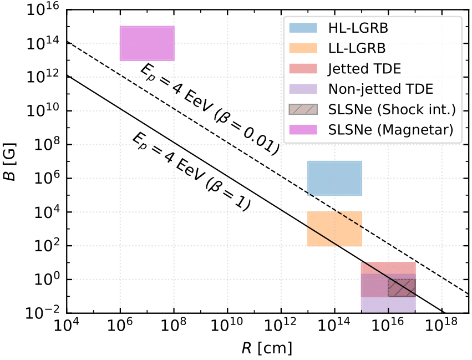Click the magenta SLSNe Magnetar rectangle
pyautogui.click(x=147, y=43)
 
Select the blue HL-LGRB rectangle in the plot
pyautogui.click(x=334, y=178)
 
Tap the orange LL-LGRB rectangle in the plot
pyautogui.click(x=334, y=229)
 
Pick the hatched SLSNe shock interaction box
pyautogui.click(x=402, y=288)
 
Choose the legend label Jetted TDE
pyautogui.click(x=364, y=68)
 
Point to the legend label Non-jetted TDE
pyautogui.click(x=380, y=89)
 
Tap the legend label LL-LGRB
pyautogui.click(x=357, y=48)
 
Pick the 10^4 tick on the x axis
pyautogui.click(x=67, y=328)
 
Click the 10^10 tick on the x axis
pyautogui.click(x=227, y=328)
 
